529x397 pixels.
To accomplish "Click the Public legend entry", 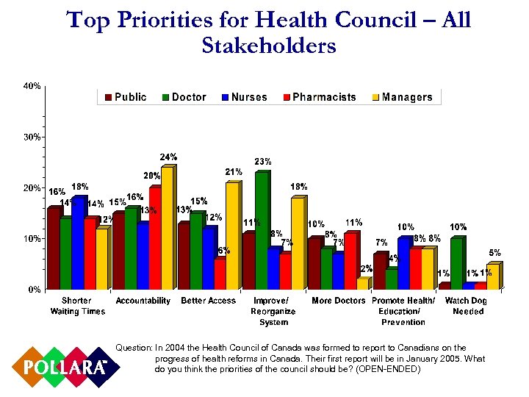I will [126, 97].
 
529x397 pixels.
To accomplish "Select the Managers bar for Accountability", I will [167, 228].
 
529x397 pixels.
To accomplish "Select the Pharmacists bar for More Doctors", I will [350, 261].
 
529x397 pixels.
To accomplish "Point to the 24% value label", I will [170, 157].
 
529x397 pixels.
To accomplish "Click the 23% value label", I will [263, 161].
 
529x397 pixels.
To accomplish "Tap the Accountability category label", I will [143, 301].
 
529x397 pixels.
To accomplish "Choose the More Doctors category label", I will [338, 301].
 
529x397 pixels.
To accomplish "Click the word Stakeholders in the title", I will [268, 46].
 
